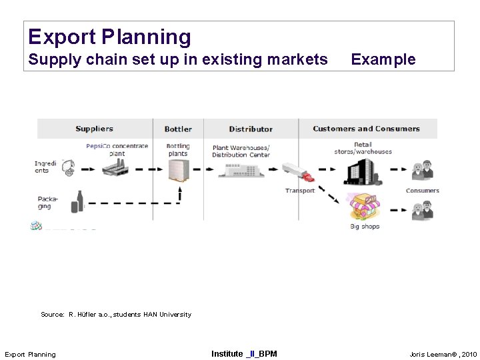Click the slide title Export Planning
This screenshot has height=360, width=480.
[x=109, y=37]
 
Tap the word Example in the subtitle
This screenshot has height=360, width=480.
[x=383, y=59]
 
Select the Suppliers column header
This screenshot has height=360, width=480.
[x=94, y=129]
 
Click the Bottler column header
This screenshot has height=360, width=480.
[x=178, y=129]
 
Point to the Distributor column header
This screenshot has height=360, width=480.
[x=251, y=129]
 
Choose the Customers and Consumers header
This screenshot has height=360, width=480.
[x=366, y=129]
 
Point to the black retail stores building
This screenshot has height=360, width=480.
[x=363, y=171]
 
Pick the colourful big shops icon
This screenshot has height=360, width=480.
[x=364, y=207]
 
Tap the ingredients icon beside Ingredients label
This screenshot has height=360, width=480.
[x=67, y=167]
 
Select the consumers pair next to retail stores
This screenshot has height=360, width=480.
[x=422, y=171]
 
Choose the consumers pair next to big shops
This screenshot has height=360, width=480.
[x=422, y=211]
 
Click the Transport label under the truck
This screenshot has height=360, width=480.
[x=300, y=191]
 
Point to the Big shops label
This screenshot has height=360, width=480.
[x=365, y=227]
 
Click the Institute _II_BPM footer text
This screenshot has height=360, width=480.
[x=244, y=353]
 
